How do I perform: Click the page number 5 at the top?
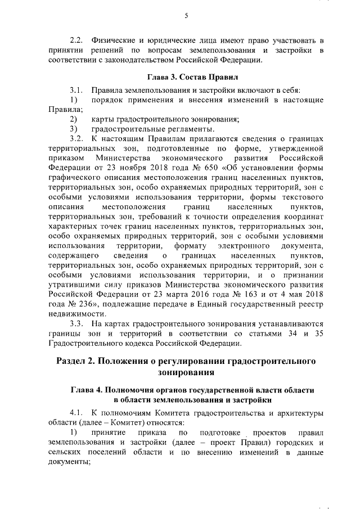pos(186,16)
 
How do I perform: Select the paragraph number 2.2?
pos(76,41)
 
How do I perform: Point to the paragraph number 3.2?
pos(76,138)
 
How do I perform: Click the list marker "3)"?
pos(73,128)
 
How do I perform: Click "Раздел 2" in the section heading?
pos(78,360)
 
